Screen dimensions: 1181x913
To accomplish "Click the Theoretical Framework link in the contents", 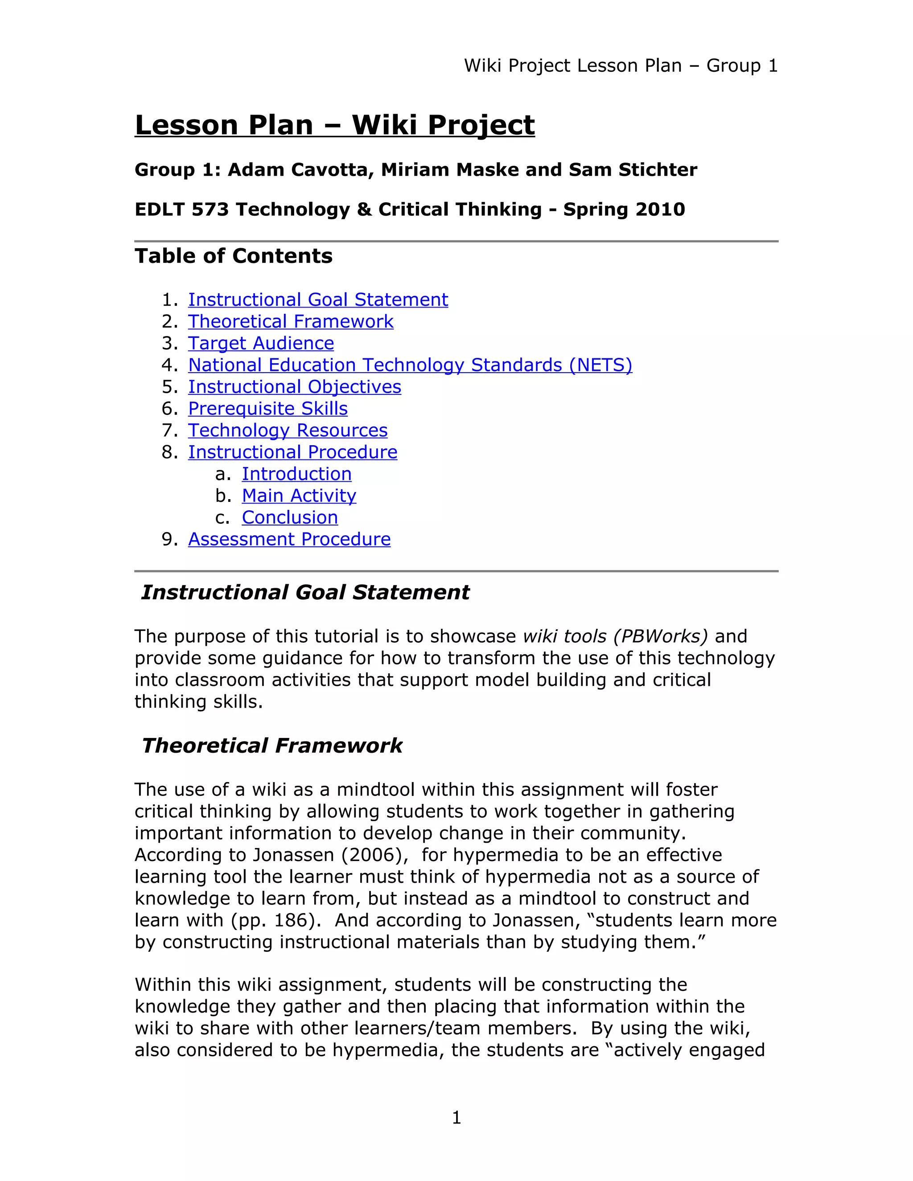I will coord(291,322).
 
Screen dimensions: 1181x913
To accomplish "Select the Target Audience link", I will coord(261,343).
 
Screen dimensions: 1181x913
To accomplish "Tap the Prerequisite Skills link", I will coord(268,409).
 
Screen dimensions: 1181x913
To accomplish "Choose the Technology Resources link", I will coord(288,431).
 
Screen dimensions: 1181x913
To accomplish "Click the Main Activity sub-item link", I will coord(299,496).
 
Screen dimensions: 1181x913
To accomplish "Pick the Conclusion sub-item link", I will coord(289,517).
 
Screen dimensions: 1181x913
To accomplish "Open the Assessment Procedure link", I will coord(289,539).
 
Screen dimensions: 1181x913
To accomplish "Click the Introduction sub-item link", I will coord(296,474).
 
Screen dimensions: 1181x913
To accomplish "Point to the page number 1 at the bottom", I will coord(456,1117).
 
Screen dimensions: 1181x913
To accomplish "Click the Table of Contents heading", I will coord(233,256).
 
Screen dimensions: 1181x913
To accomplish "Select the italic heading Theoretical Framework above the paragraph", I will coord(272,746).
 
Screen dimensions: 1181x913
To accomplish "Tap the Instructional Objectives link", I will coord(294,387).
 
